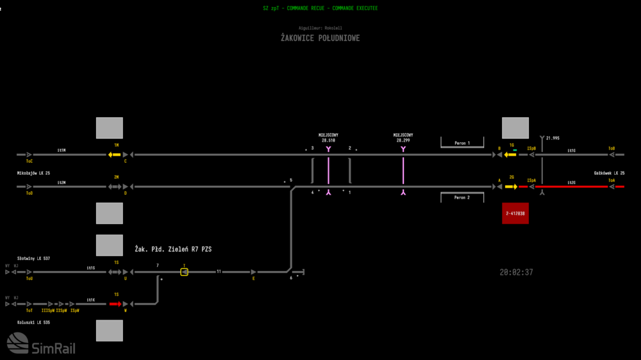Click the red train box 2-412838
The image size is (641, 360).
tap(515, 213)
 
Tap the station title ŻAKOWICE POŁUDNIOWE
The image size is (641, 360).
tap(320, 38)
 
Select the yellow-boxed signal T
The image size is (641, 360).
tap(184, 272)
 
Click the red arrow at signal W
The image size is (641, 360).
tap(115, 304)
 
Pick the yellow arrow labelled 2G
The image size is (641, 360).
tap(511, 186)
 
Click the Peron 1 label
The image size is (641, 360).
tap(462, 143)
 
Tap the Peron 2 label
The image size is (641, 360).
tap(462, 197)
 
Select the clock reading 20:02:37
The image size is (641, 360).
tap(516, 272)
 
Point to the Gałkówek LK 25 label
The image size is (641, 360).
tap(609, 174)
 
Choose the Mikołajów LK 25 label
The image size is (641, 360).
tap(33, 174)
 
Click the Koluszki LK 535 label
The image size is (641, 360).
tap(33, 322)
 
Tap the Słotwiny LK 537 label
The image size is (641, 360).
tap(33, 258)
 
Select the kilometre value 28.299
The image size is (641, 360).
tap(403, 140)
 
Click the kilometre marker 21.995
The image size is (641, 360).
tap(553, 138)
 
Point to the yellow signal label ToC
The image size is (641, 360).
tap(29, 161)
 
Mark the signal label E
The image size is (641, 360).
tap(254, 279)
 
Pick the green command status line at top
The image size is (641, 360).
tap(320, 8)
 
